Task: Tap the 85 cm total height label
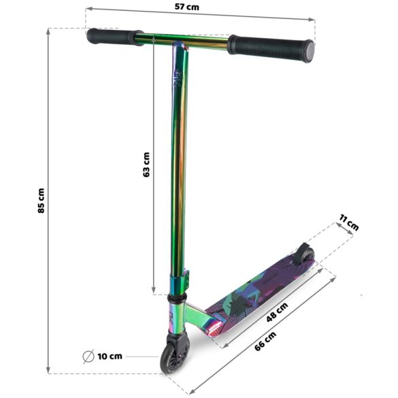coord(42,201)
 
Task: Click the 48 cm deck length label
coord(277,314)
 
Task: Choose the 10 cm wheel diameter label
coord(110,356)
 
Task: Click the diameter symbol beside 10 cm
coord(88,356)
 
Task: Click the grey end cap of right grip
coord(308,50)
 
